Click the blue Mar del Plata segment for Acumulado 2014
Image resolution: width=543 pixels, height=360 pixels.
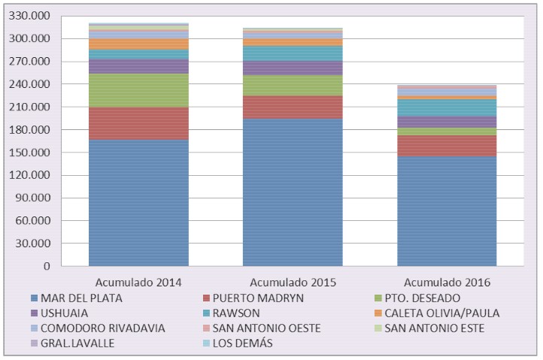point(138,202)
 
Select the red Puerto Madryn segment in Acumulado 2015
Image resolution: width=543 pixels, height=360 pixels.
point(293,107)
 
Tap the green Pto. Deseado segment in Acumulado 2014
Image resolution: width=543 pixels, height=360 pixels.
point(138,90)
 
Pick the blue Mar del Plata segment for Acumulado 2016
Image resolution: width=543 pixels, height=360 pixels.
point(447,210)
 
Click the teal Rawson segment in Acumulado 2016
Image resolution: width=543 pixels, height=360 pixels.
point(447,107)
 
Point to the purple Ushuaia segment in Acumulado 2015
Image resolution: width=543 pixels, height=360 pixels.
point(293,68)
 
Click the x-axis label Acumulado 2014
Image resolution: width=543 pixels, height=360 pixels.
point(138,283)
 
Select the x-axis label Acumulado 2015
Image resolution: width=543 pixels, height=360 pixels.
point(293,283)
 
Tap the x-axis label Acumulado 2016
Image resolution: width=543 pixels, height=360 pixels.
point(447,283)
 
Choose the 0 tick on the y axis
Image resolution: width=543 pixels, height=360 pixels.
point(47,266)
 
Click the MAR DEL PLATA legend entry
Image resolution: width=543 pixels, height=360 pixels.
point(82,298)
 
